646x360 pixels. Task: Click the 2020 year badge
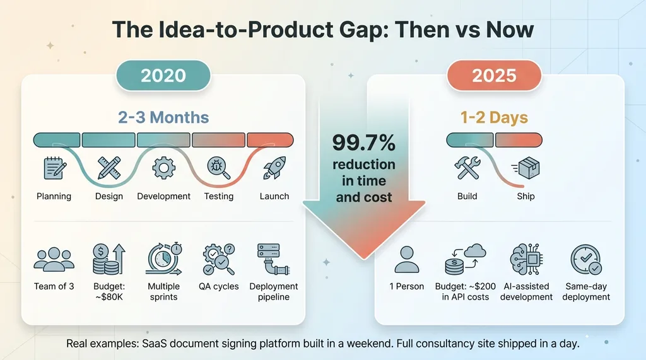[163, 76]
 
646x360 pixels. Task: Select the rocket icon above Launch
[274, 168]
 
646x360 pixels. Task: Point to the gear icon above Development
[163, 168]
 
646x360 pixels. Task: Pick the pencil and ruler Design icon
[109, 168]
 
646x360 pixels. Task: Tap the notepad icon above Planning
[54, 168]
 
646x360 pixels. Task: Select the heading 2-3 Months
[163, 117]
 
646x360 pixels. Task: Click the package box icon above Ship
[526, 168]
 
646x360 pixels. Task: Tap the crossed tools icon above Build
[467, 168]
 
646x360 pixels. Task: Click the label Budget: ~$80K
[109, 291]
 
